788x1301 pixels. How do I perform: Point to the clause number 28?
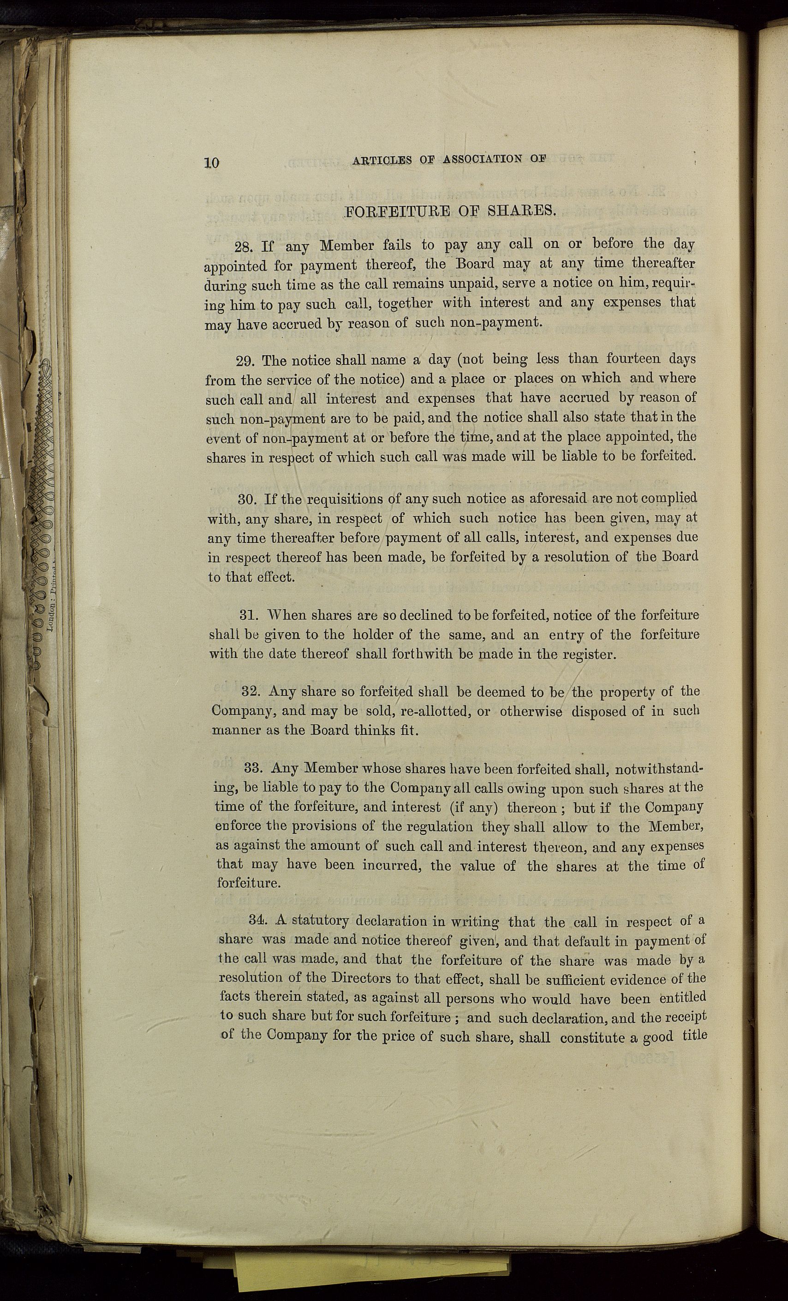coord(245,247)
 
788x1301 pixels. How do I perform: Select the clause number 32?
coord(251,691)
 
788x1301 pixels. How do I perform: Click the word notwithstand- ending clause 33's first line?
coord(659,768)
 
